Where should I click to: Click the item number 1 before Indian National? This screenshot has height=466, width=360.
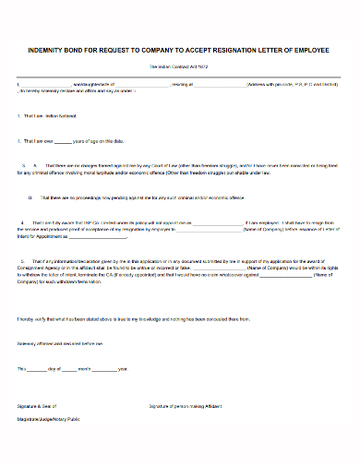pyautogui.click(x=18, y=116)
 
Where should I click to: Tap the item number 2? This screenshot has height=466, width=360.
pyautogui.click(x=18, y=141)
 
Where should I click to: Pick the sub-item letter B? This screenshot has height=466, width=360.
pyautogui.click(x=30, y=197)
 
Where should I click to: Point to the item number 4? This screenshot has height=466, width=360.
pyautogui.click(x=18, y=222)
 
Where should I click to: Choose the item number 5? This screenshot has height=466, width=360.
pyautogui.click(x=18, y=260)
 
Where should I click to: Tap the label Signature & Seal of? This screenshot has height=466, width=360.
pyautogui.click(x=36, y=406)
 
